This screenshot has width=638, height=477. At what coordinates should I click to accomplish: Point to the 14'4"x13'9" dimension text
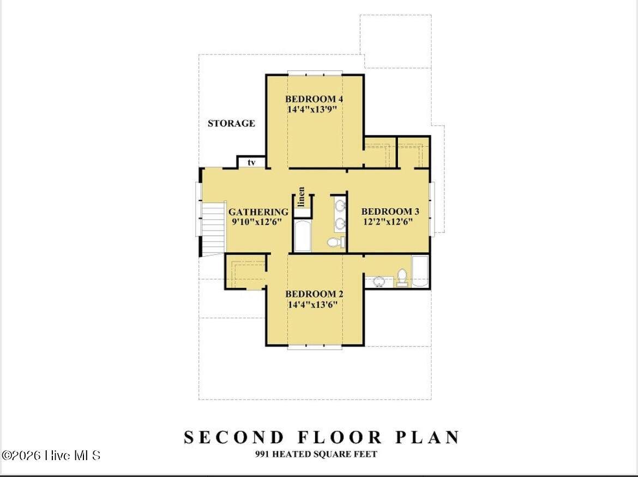[x=312, y=110]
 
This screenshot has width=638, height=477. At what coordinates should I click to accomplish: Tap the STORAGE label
[x=231, y=123]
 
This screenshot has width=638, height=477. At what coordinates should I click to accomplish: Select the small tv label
[x=251, y=162]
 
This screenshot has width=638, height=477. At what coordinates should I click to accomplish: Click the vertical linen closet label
[x=302, y=196]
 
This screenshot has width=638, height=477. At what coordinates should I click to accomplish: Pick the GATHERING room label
[x=258, y=212]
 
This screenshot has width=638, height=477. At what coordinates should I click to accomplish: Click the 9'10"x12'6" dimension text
[x=257, y=222]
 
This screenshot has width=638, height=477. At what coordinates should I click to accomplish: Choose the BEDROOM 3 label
[x=390, y=212]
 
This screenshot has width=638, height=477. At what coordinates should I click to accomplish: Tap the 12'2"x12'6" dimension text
[x=388, y=222]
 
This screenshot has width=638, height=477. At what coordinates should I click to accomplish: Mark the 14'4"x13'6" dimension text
[x=313, y=305]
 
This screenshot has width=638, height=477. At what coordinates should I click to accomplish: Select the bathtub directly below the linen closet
[x=302, y=236]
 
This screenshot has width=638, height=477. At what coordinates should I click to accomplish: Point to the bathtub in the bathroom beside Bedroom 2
[x=420, y=271]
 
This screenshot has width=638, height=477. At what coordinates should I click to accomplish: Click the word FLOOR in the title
[x=339, y=437]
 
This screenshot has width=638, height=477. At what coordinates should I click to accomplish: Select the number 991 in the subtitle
[x=262, y=454]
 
